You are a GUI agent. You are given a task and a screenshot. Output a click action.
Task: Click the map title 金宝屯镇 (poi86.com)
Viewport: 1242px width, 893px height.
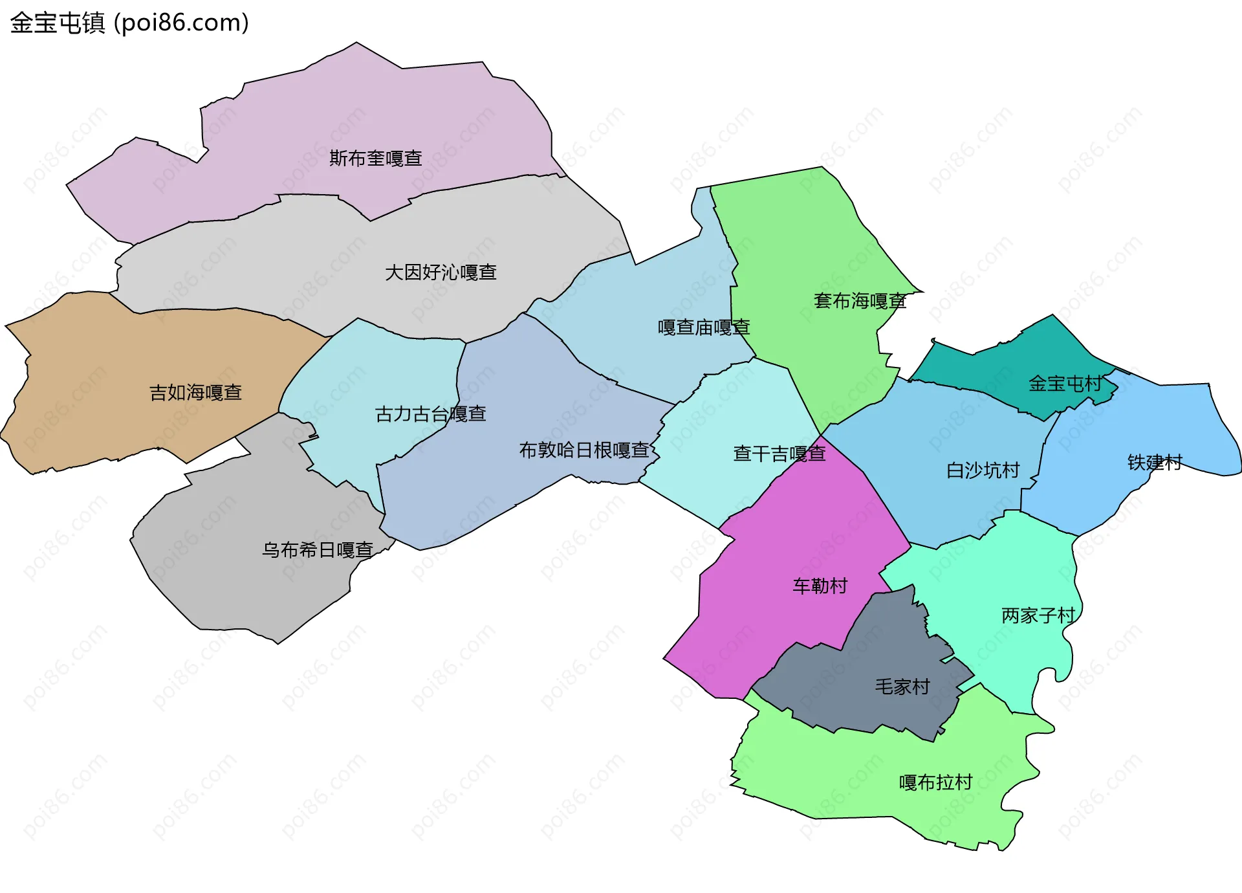click(x=129, y=23)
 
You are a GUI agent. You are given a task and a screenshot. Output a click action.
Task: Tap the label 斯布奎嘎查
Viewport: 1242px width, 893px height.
click(x=375, y=159)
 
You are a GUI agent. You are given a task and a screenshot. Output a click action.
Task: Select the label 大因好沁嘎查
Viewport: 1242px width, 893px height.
click(x=441, y=272)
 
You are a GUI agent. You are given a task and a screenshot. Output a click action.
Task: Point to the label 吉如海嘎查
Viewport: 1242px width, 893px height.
click(x=195, y=393)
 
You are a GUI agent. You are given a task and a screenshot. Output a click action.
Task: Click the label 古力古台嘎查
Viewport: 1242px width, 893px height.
click(x=430, y=414)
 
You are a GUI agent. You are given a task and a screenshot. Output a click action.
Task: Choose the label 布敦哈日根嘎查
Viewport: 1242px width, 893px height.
click(x=584, y=450)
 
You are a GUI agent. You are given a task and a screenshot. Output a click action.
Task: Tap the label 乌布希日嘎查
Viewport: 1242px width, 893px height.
click(x=317, y=550)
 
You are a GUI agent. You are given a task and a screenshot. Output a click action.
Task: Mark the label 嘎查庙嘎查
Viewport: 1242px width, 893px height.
click(x=703, y=327)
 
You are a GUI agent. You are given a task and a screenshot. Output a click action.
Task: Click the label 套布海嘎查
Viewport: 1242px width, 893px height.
click(x=860, y=301)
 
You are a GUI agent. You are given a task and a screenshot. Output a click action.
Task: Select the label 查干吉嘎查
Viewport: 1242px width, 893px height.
click(x=779, y=454)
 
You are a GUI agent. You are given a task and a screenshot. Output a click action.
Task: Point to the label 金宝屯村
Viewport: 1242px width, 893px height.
click(x=1065, y=384)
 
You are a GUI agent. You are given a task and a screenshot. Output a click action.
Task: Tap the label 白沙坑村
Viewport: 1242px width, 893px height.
click(x=983, y=470)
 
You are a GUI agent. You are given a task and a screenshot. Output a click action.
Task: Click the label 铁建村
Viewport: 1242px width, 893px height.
click(x=1155, y=463)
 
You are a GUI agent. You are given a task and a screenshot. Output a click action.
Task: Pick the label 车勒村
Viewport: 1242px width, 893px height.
click(x=820, y=586)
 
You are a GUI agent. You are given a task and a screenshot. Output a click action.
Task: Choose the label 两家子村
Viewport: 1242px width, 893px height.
click(x=1038, y=615)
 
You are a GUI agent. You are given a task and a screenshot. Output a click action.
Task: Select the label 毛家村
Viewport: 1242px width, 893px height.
click(x=902, y=687)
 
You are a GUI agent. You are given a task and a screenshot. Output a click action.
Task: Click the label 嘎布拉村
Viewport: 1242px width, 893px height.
click(x=935, y=783)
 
